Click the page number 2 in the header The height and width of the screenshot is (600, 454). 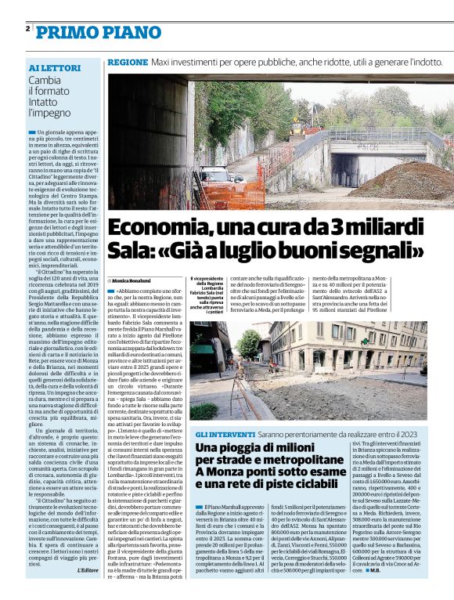click(x=28, y=28)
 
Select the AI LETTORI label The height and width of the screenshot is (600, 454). click(x=53, y=68)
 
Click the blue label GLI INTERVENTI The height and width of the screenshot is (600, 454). click(x=223, y=433)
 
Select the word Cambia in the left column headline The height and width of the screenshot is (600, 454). click(x=45, y=80)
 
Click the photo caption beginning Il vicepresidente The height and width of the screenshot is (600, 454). click(x=206, y=297)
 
